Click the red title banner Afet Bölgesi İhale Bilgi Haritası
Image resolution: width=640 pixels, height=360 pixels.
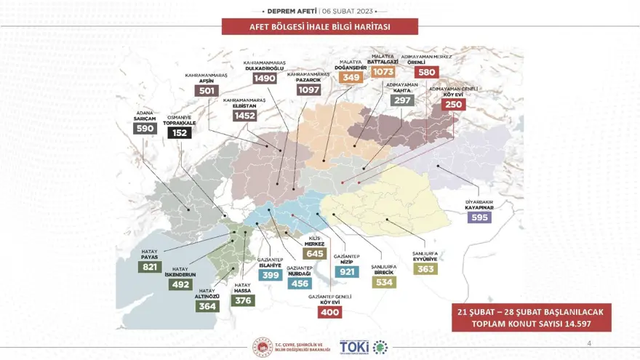[x=320, y=27]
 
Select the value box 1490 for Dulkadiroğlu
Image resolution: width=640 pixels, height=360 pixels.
[x=265, y=79]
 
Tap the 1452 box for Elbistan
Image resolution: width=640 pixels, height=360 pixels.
[x=244, y=116]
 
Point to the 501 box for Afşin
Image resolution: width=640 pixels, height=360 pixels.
[x=207, y=91]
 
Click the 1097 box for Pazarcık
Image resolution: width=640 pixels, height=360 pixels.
[x=308, y=90]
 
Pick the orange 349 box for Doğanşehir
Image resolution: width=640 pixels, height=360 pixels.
[x=351, y=78]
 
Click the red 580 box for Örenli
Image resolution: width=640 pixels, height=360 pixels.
[x=426, y=72]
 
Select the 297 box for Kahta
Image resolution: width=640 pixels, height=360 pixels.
[x=402, y=100]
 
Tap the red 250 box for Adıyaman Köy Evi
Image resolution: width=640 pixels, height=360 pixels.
[x=454, y=105]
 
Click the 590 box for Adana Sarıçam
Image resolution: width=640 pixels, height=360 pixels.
[x=145, y=128]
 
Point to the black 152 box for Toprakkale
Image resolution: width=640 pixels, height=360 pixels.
[x=179, y=133]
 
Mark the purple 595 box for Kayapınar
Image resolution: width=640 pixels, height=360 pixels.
[x=479, y=217]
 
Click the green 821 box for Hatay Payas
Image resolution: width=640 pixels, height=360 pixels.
[x=149, y=267]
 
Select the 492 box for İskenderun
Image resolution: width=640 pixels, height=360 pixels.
[x=180, y=285]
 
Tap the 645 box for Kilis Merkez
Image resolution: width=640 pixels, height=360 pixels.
[x=315, y=254]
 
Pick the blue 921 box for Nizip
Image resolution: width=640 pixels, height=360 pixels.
[x=347, y=271]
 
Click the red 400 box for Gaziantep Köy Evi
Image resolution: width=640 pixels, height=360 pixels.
[x=329, y=312]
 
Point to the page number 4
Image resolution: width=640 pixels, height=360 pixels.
[x=588, y=343]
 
